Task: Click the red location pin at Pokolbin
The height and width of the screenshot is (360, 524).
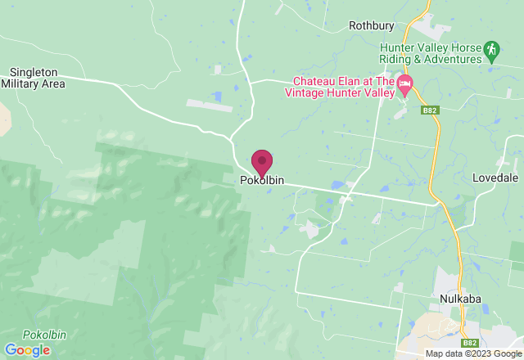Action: coord(262,161)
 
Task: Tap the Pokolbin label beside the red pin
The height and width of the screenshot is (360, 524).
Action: coord(262,181)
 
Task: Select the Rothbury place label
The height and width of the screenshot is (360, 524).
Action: coord(372,25)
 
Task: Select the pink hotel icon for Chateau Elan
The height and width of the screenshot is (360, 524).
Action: coord(405,84)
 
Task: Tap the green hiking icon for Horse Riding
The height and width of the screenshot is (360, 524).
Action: coord(491,51)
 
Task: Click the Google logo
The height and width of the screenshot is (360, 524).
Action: coord(26,350)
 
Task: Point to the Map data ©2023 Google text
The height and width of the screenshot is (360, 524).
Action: coord(472,354)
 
